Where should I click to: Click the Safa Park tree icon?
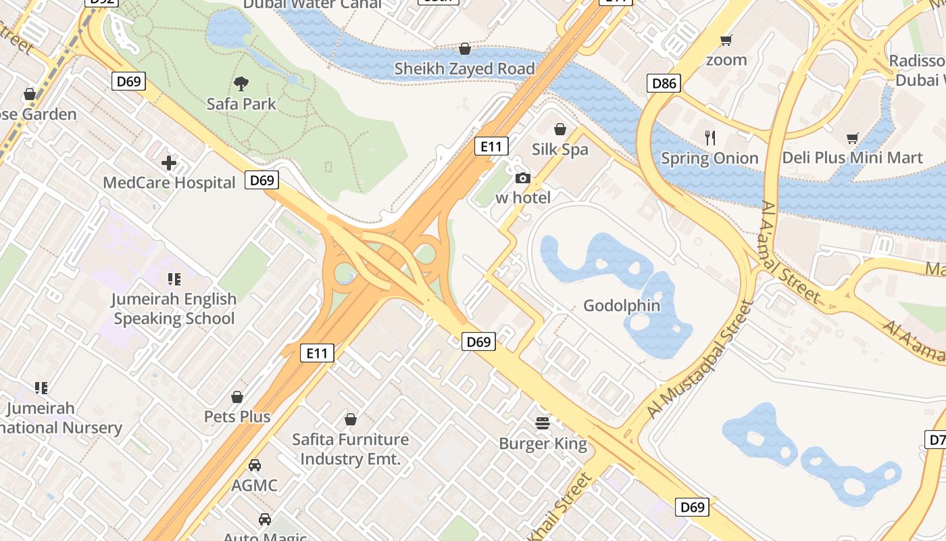(241, 84)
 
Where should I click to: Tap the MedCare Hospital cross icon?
(169, 163)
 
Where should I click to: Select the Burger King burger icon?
(543, 423)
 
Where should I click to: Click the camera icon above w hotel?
(522, 179)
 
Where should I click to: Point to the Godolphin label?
(622, 306)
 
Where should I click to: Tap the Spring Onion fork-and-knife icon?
(709, 138)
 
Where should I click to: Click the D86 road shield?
(664, 84)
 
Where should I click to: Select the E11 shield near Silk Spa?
(491, 146)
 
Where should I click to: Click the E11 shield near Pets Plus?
(317, 352)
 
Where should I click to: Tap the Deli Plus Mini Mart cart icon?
(852, 138)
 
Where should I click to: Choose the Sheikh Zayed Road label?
(464, 68)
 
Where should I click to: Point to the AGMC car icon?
(255, 465)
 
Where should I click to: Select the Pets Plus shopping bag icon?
(237, 397)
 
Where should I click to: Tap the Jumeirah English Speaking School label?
(174, 308)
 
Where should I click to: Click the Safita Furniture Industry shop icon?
(350, 419)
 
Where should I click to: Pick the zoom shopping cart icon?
(726, 40)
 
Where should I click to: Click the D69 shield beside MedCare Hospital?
(262, 180)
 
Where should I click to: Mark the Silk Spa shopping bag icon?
(559, 129)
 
